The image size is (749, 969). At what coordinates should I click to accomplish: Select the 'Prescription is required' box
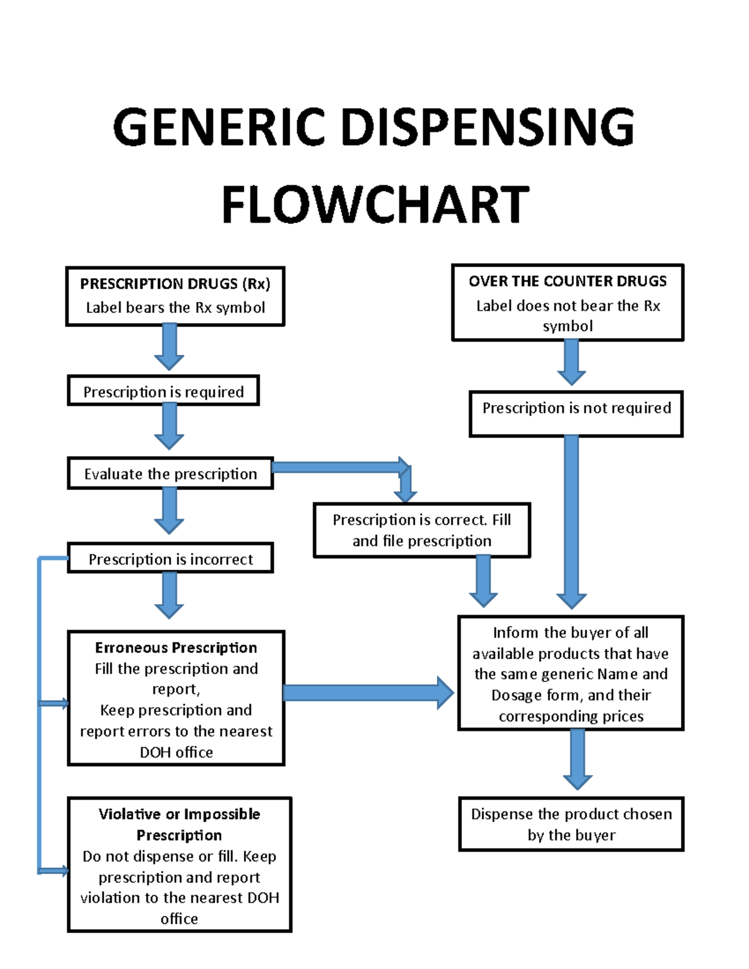pyautogui.click(x=163, y=391)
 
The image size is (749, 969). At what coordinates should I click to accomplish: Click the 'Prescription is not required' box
pyautogui.click(x=576, y=413)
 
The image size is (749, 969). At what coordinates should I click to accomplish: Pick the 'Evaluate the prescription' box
pyautogui.click(x=170, y=474)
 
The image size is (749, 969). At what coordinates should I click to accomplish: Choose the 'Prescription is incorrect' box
pyautogui.click(x=170, y=558)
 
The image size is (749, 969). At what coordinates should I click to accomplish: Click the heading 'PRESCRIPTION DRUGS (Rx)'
pyautogui.click(x=175, y=284)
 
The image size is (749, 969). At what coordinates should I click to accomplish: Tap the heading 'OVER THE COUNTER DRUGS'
pyautogui.click(x=567, y=281)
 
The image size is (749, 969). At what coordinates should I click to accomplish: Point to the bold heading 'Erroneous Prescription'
pyautogui.click(x=176, y=648)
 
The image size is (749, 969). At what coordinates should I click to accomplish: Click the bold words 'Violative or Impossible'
pyautogui.click(x=179, y=814)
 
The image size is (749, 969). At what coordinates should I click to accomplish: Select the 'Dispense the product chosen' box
pyautogui.click(x=571, y=824)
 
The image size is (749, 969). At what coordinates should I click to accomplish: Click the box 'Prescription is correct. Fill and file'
pyautogui.click(x=422, y=530)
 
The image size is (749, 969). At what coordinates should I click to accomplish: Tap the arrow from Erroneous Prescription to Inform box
pyautogui.click(x=368, y=693)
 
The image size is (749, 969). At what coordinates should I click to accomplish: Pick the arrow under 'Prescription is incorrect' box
pyautogui.click(x=169, y=595)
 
